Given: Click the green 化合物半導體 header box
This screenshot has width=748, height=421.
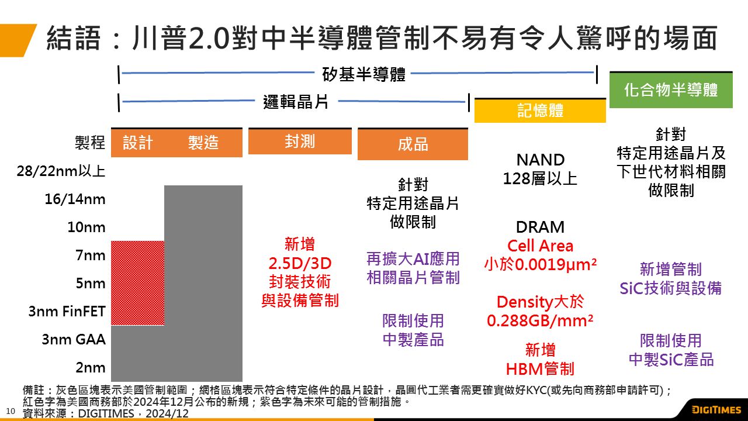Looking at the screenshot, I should [x=670, y=90].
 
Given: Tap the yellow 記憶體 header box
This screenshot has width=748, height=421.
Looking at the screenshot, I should [x=539, y=111].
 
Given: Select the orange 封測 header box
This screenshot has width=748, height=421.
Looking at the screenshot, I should [x=300, y=142].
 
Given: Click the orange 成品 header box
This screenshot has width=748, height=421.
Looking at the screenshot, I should [x=413, y=144].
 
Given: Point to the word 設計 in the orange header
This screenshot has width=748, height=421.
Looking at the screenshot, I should [x=138, y=143].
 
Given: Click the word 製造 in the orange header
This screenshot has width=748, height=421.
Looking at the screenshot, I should [x=203, y=143].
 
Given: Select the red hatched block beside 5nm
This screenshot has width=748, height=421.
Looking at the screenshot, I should [x=137, y=283].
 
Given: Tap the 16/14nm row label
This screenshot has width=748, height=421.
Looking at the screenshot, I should [x=75, y=199].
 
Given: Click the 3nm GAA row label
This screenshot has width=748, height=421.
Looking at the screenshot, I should [x=74, y=339].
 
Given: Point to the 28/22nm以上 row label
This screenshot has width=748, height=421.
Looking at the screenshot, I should [x=61, y=171].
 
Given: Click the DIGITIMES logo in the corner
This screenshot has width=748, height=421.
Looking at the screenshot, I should [x=716, y=409].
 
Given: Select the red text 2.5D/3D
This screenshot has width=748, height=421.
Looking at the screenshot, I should [x=300, y=263].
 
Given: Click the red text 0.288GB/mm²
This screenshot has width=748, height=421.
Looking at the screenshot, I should [x=540, y=321].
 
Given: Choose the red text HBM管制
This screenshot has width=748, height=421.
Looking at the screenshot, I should [x=540, y=369].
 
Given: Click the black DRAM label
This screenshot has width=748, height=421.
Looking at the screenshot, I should [x=540, y=227].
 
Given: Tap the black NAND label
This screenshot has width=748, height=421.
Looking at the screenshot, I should [x=540, y=160].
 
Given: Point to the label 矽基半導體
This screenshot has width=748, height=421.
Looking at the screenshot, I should [x=363, y=75].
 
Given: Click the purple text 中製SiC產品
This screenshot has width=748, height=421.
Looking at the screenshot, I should [x=671, y=359].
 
